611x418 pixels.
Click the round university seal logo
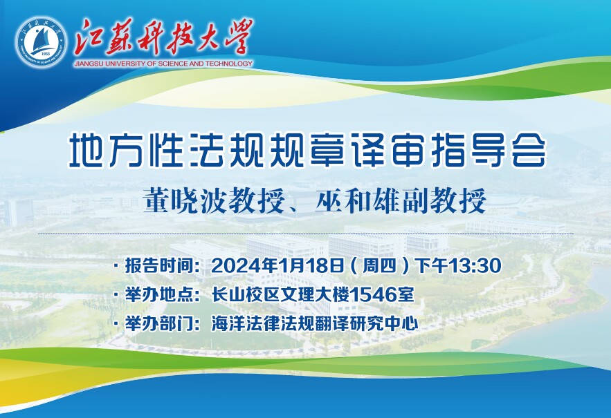(x=41, y=42)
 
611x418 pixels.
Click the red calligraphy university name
(x=164, y=38)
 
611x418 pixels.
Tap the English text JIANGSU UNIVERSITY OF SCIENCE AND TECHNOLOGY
(x=163, y=64)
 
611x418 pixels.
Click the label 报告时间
(x=159, y=266)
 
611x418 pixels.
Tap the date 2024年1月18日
(x=277, y=266)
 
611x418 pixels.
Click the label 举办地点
(x=159, y=294)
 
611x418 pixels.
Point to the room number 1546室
(x=382, y=294)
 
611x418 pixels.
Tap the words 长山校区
(x=246, y=294)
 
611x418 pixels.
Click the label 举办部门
(x=159, y=324)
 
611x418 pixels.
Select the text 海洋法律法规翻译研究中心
(x=315, y=324)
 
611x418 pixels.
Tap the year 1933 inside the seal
(x=46, y=54)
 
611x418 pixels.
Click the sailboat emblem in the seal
(x=41, y=40)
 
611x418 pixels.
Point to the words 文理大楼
(x=314, y=294)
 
